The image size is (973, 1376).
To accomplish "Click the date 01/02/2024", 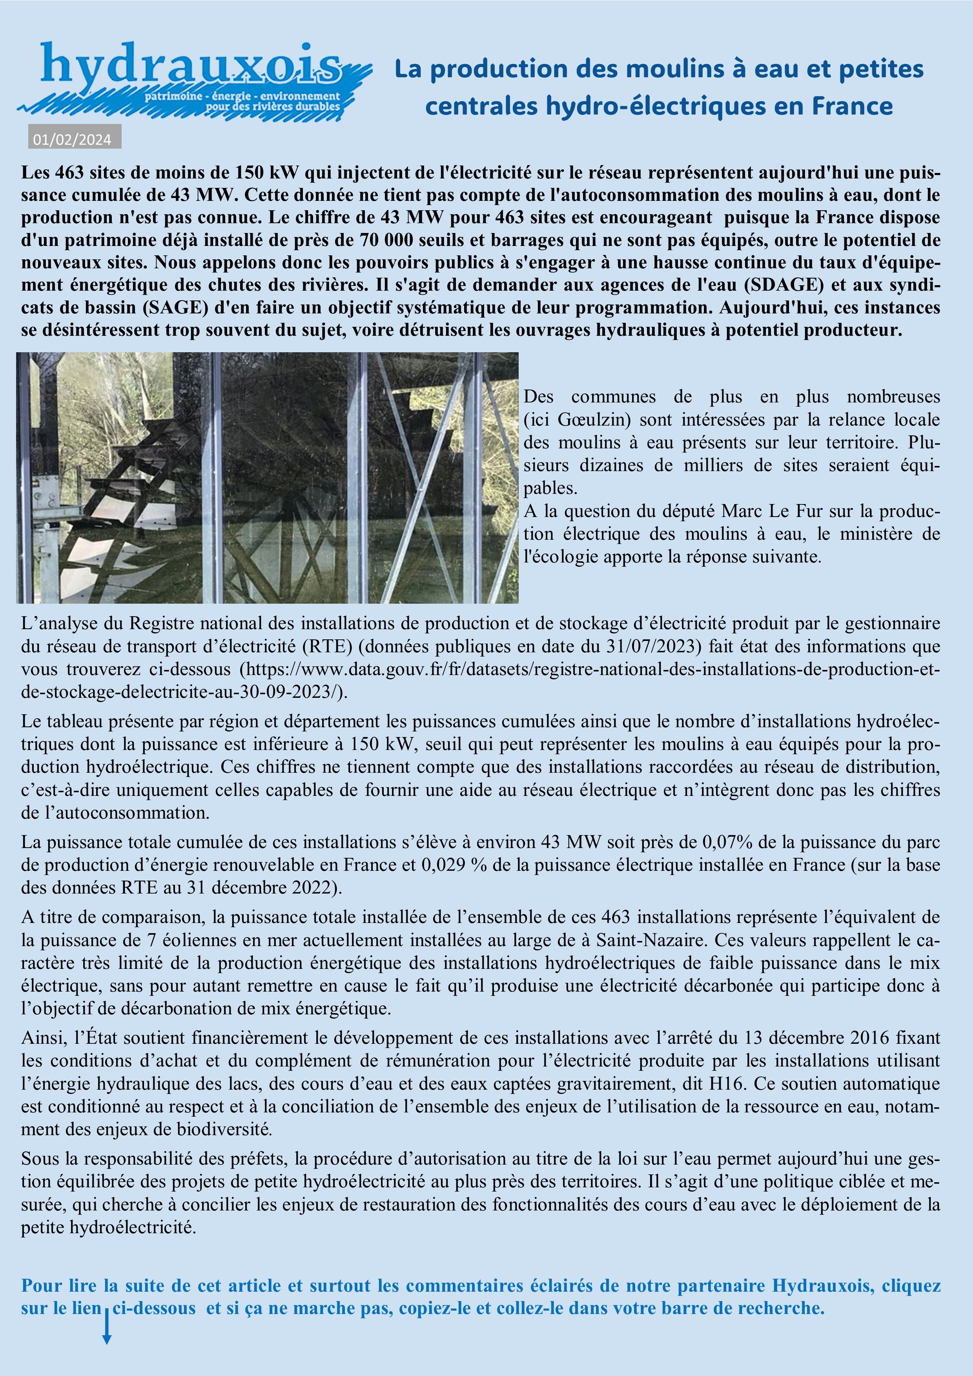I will (72, 140).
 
